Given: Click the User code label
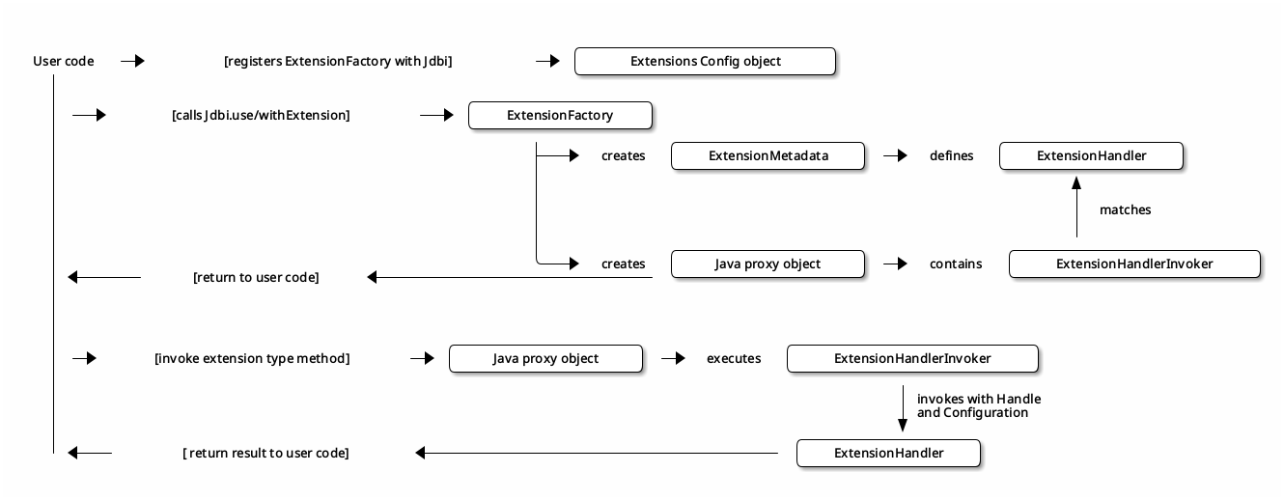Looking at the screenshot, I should pos(64,61).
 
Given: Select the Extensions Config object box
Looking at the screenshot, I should pos(705,61).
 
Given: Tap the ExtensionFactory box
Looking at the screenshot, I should pos(560,115).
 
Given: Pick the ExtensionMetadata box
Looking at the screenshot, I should pos(768,155).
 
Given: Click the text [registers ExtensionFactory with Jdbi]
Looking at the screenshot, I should pos(338,61).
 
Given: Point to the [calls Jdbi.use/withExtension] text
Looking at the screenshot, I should pos(261,115).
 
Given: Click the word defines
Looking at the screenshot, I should pos(951,155).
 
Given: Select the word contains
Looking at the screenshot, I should pos(955,264).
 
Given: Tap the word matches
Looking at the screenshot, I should pos(1125,209).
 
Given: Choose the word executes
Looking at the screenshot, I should pos(733,358).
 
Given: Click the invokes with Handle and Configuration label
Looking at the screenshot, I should pos(978,405).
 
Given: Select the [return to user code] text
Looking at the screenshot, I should pos(256,277).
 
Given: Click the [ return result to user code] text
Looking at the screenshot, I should pos(265,453).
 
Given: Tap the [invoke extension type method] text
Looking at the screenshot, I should pos(252,358).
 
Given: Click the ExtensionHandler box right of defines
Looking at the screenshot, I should pos(1091,155).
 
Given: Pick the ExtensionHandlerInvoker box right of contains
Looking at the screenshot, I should pos(1134,264).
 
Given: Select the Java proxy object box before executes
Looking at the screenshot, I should pos(545,358).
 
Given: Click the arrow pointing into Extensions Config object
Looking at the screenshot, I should pos(548,61).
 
